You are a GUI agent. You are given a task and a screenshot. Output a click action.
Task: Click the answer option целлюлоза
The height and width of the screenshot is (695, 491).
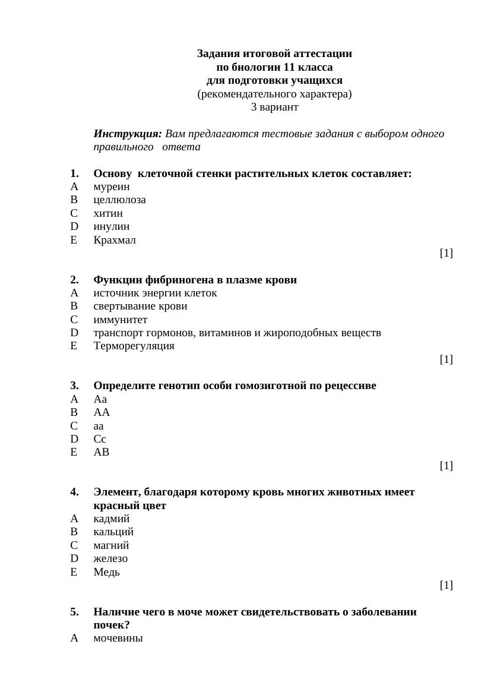(119, 200)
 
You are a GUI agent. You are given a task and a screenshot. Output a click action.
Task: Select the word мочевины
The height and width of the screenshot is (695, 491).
(118, 639)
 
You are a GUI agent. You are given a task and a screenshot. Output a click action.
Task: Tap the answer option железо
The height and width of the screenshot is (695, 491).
(110, 559)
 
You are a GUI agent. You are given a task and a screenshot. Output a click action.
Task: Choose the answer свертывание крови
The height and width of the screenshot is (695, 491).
(140, 307)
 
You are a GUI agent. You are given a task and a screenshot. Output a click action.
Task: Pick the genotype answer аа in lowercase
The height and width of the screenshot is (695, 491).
(99, 426)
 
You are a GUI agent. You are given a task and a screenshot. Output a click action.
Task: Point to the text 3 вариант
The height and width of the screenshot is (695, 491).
(274, 108)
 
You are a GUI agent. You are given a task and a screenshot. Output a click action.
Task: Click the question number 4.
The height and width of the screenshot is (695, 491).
(74, 492)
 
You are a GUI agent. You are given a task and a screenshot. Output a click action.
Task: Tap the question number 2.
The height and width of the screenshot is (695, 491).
(74, 280)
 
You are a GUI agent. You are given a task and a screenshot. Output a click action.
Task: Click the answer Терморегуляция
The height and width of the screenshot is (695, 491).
(134, 346)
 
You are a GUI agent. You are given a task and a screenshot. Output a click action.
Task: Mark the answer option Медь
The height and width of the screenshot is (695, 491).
(106, 573)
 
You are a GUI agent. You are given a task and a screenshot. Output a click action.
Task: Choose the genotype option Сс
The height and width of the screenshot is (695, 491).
(100, 439)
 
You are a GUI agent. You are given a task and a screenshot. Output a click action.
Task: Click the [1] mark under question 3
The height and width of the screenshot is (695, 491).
(446, 466)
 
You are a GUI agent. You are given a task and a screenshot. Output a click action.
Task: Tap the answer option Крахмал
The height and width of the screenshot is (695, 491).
(115, 241)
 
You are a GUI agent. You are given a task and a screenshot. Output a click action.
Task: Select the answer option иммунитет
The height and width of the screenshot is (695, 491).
(120, 320)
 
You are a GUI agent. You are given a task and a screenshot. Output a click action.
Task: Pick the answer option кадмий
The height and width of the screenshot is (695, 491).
(112, 519)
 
